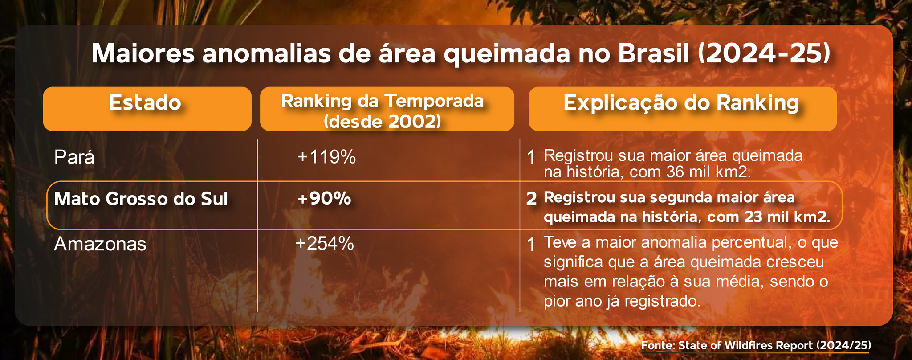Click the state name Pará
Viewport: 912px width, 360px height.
(x=74, y=157)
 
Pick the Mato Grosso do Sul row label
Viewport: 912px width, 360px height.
(x=141, y=199)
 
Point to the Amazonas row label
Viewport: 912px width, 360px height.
(x=100, y=244)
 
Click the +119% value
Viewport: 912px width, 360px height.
(x=326, y=157)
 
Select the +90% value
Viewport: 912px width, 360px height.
(x=324, y=198)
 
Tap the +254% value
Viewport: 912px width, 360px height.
(x=325, y=244)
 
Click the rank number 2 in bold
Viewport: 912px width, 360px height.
(x=531, y=199)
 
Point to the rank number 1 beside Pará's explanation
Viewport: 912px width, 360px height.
(x=531, y=157)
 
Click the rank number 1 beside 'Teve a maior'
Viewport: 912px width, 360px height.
(x=531, y=244)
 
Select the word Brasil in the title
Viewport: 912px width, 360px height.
(x=654, y=54)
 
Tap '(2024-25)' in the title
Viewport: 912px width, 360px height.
(x=764, y=54)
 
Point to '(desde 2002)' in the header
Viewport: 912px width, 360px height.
(x=383, y=121)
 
